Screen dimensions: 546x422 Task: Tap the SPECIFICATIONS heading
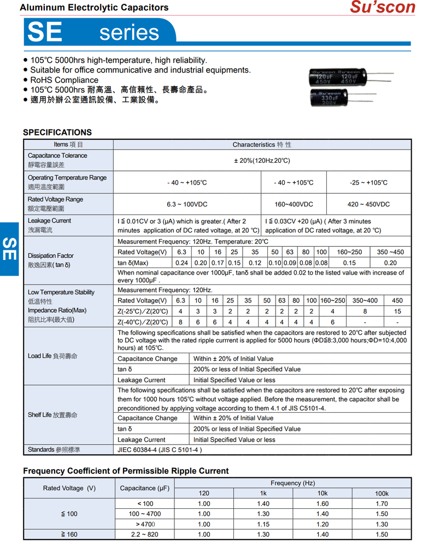coord(57,132)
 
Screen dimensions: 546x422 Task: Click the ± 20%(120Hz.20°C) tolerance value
coord(262,161)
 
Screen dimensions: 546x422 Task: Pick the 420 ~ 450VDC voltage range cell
coord(368,204)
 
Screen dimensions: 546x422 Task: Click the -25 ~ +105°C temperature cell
coord(368,182)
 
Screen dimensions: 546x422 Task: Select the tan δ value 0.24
coord(181,263)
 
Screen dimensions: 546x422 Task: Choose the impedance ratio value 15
coord(397,311)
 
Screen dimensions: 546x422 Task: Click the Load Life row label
coord(52,356)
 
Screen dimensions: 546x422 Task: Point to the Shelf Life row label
coord(52,415)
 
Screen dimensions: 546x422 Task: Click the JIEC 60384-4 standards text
coord(160,450)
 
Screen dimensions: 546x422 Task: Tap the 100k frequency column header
coord(382,494)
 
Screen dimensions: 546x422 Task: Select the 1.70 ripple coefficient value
coord(382,504)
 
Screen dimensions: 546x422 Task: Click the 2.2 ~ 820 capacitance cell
coord(145,535)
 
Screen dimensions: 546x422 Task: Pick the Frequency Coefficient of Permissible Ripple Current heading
coord(126,471)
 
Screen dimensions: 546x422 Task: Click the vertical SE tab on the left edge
coord(9,249)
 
